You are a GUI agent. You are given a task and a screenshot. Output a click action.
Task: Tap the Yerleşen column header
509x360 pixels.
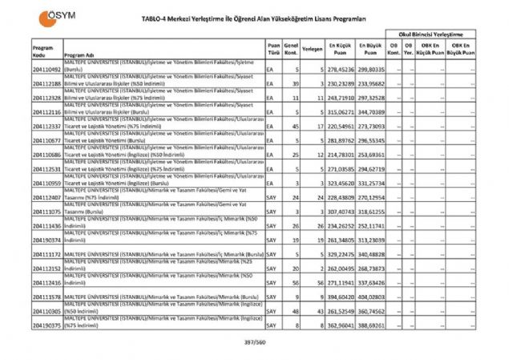(x=313, y=49)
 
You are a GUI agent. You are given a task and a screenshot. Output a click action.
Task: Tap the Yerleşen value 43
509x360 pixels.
(x=318, y=311)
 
